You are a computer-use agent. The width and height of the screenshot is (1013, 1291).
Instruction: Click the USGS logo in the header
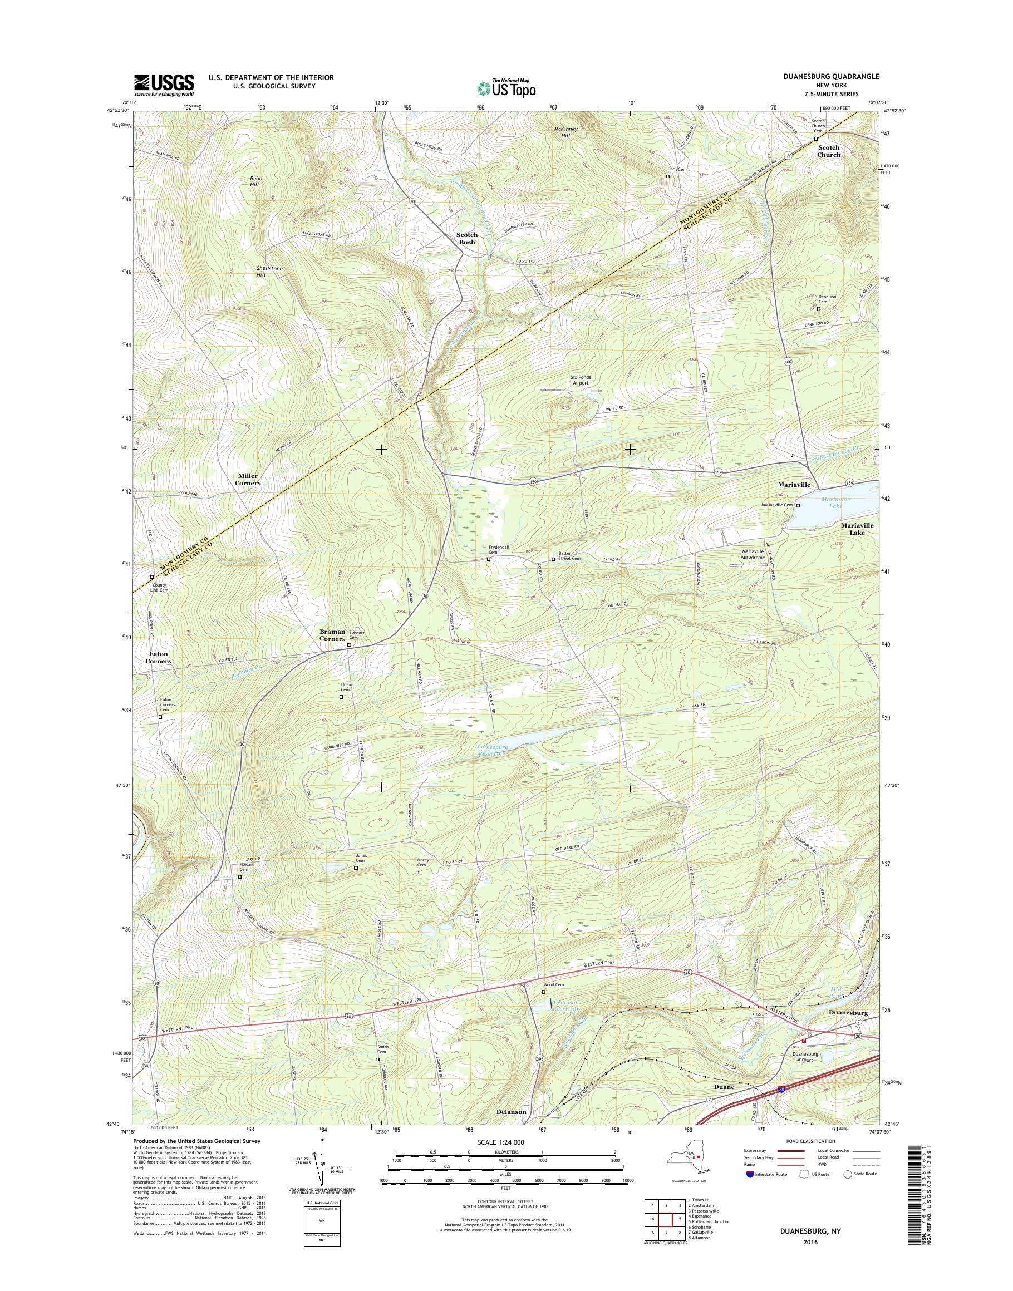point(164,85)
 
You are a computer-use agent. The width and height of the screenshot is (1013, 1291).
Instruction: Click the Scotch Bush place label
point(467,238)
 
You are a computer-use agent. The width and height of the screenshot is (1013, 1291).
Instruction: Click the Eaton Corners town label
point(159,657)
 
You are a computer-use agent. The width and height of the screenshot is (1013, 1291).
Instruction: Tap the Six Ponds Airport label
point(580,380)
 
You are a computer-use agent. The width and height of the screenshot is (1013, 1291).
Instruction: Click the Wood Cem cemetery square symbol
point(543,991)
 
